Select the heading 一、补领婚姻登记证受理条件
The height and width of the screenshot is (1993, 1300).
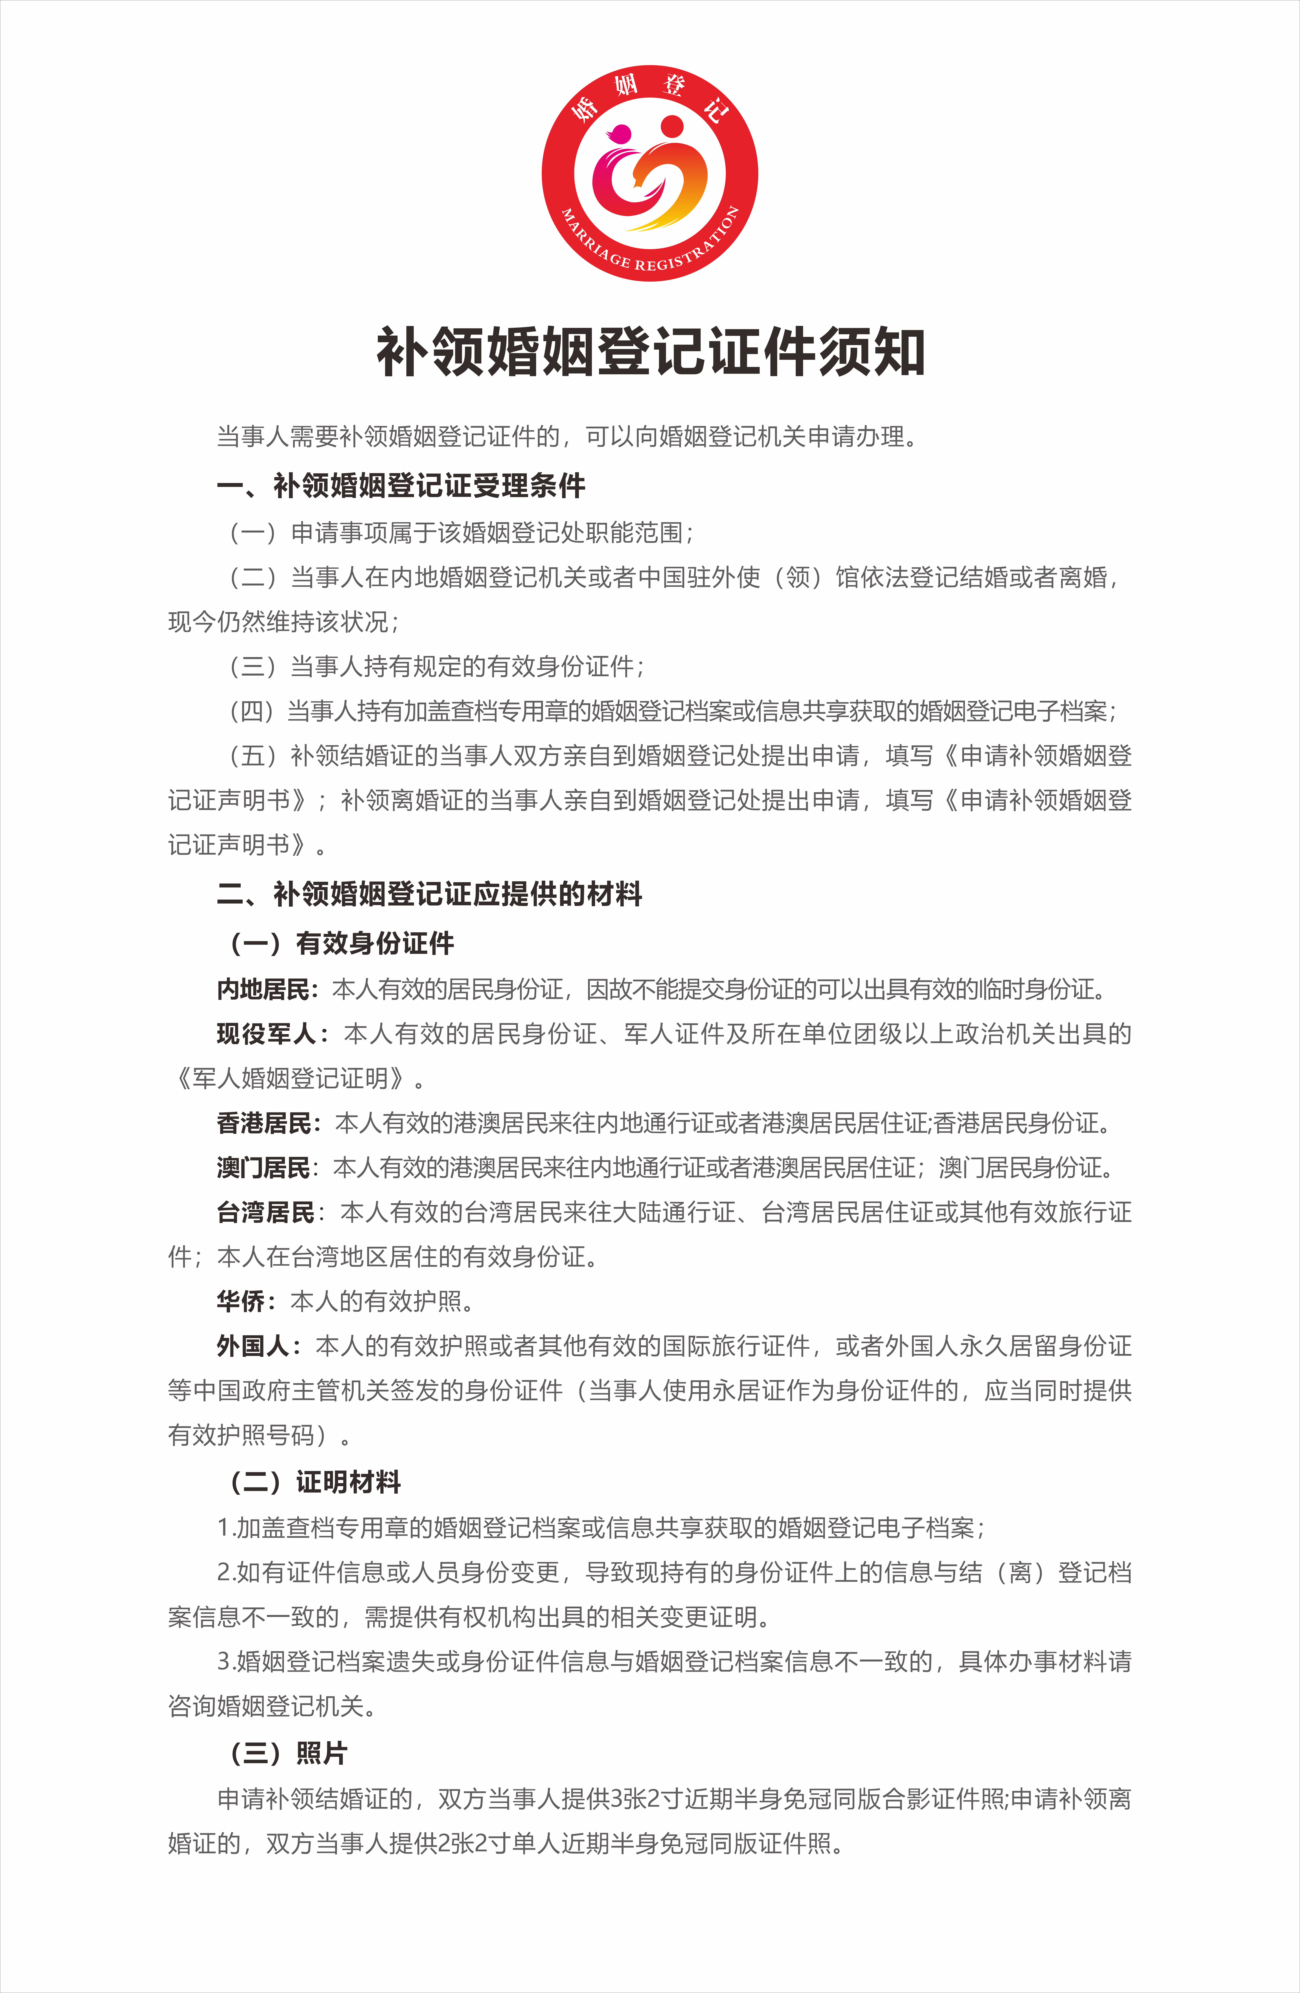[x=400, y=486]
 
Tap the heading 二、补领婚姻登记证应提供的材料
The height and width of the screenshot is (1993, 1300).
[x=429, y=894]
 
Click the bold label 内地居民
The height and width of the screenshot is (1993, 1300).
[x=264, y=990]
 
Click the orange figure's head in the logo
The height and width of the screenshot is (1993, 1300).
[x=672, y=127]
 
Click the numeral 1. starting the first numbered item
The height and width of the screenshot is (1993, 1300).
[x=224, y=1528]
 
